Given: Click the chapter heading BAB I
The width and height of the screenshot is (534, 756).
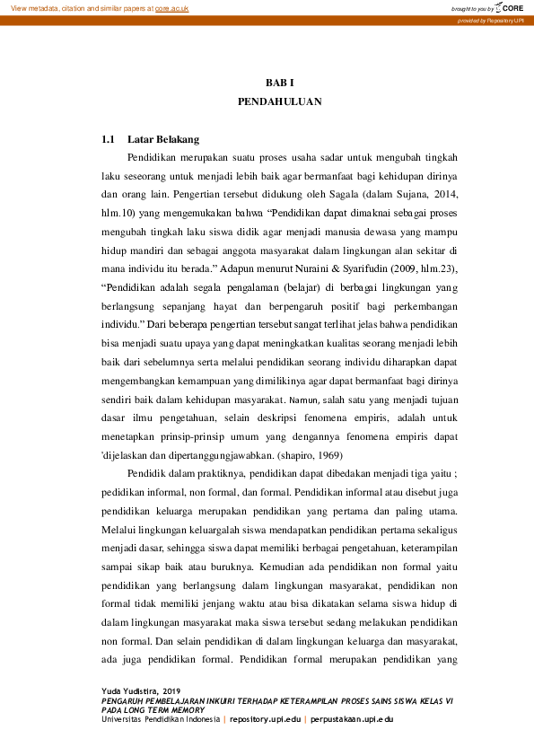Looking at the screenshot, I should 279,82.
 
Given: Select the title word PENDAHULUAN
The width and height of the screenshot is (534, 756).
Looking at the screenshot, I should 279,102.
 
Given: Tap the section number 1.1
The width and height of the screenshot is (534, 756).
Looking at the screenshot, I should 109,139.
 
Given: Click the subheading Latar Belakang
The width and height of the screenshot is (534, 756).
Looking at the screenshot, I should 163,139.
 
